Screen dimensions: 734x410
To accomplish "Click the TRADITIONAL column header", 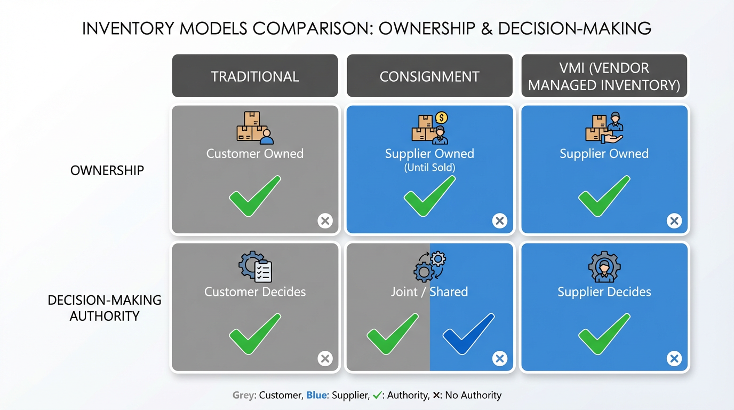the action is (x=255, y=76).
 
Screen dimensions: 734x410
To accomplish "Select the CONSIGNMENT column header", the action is (x=429, y=76).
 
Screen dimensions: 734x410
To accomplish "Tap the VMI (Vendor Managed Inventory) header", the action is (x=604, y=76).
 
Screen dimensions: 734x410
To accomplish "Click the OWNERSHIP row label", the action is (x=107, y=170).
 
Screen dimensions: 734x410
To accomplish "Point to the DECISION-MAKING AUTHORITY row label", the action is (x=105, y=308).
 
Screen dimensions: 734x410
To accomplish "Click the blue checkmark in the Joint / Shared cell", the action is (x=468, y=334).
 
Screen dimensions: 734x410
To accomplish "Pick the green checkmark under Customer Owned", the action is (x=255, y=196).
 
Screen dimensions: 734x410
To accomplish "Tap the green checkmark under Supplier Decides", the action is (x=604, y=334).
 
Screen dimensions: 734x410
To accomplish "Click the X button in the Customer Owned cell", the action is (x=325, y=220).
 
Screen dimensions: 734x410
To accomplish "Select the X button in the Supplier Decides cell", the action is (x=674, y=359).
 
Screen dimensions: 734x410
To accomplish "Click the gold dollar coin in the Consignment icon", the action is (x=442, y=117).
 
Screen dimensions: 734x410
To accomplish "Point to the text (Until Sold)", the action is (x=429, y=168).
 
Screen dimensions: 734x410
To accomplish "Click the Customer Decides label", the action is (x=255, y=291).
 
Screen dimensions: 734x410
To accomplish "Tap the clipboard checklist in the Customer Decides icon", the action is (x=263, y=271).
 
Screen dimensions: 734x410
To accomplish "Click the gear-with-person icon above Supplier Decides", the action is (x=604, y=267).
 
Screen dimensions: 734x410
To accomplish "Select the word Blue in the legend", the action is (x=316, y=395).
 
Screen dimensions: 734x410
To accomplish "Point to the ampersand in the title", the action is (x=486, y=28).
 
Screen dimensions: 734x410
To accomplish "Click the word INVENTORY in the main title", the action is (x=128, y=28).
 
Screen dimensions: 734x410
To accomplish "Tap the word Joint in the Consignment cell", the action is (x=404, y=291).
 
